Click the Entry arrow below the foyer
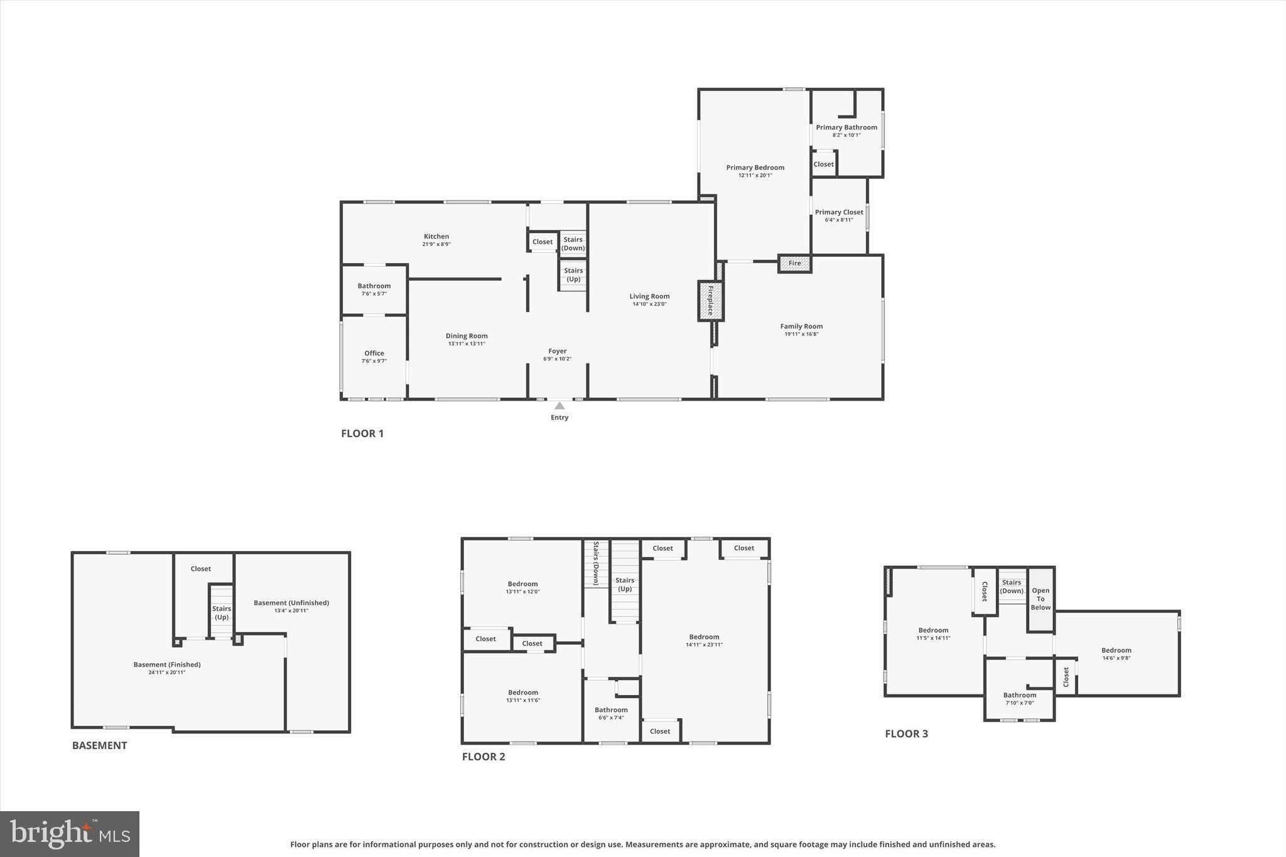tap(559, 406)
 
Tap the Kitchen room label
tap(436, 237)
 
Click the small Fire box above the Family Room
tap(794, 263)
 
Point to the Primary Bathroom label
tap(846, 127)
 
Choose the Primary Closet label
tap(839, 212)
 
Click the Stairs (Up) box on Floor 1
tap(573, 275)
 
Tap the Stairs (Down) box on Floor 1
tap(573, 244)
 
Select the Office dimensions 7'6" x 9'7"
tap(374, 361)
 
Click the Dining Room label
tap(467, 336)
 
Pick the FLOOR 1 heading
tap(362, 433)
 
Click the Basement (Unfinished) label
tap(291, 603)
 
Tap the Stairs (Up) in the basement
tap(222, 612)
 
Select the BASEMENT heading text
tap(99, 745)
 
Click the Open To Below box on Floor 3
tap(1040, 599)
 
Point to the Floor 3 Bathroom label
tap(1020, 695)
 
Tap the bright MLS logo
tap(70, 834)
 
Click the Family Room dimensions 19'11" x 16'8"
tap(801, 334)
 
